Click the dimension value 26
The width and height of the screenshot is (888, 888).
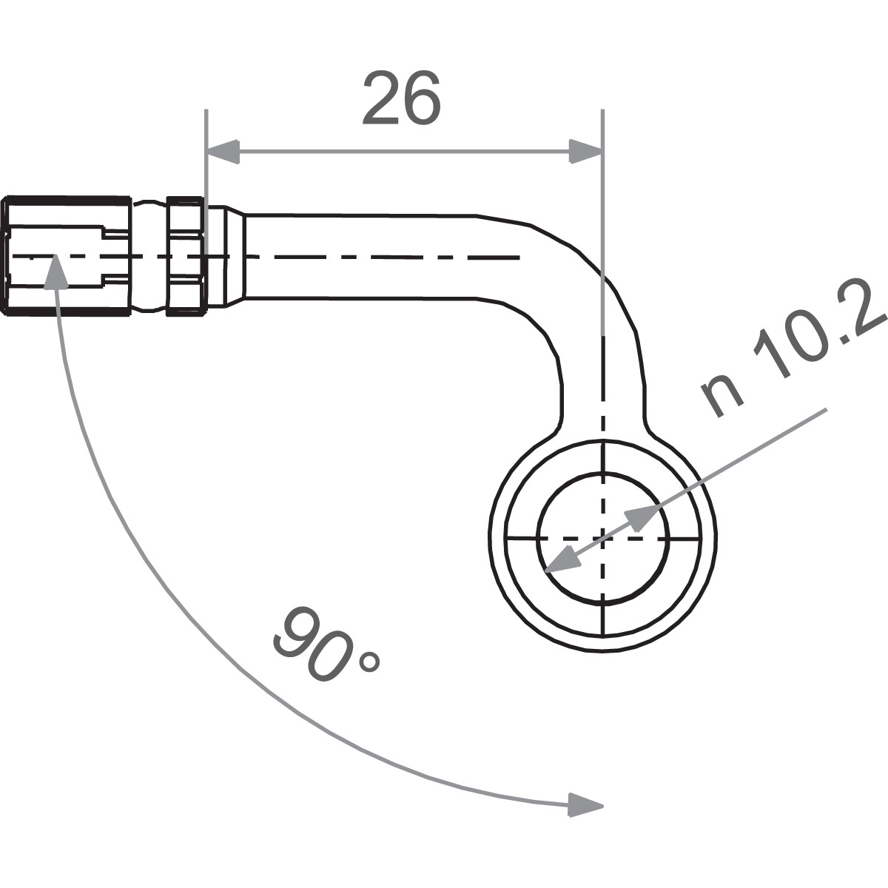401,98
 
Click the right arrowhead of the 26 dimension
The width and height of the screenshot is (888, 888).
585,152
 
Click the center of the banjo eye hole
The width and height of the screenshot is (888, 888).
604,537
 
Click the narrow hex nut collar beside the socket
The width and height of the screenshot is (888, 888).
185,256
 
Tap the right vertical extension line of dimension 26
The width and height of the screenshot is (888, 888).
604,222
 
